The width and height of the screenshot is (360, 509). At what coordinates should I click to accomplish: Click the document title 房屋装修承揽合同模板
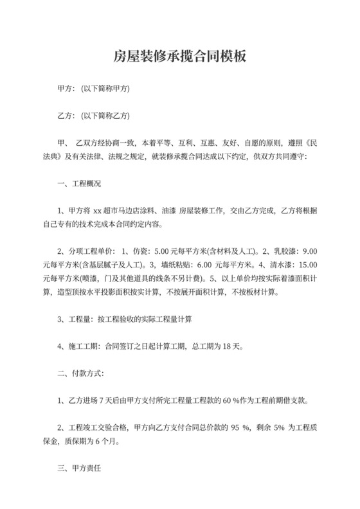coord(179,57)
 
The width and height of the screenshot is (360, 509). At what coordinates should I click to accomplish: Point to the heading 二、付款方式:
coord(80,373)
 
